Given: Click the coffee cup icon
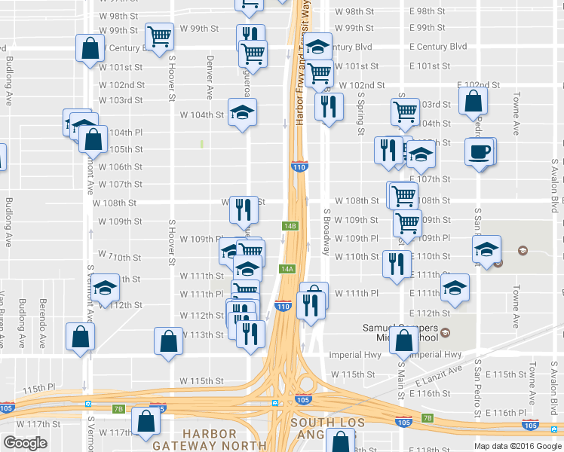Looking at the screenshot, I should tap(480, 152).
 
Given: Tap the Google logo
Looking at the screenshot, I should tap(25, 443).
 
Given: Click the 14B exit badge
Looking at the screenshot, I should tap(290, 225).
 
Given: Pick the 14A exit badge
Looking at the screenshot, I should tap(287, 269).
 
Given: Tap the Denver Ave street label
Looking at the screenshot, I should tap(210, 78).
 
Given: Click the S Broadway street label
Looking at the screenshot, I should tap(327, 232).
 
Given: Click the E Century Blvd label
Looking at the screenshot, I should tap(438, 47).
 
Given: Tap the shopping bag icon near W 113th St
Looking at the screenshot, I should tap(168, 340).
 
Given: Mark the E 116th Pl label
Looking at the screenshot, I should tap(505, 413).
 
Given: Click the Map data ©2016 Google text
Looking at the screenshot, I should tap(516, 445).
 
